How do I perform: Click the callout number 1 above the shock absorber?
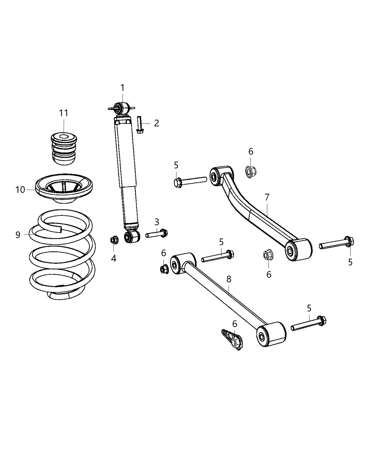coord(122,88)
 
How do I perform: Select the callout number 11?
coord(64,113)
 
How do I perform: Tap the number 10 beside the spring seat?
coord(20,190)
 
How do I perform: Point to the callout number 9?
coord(18,235)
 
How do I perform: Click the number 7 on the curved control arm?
coord(267,198)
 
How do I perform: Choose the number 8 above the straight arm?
coord(229,279)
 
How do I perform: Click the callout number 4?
coord(113,258)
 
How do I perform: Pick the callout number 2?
coord(157,123)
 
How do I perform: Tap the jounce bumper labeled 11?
coord(64,149)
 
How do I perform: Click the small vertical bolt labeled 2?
coord(139,125)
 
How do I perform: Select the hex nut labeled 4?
coord(114,240)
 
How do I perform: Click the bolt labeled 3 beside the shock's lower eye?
coord(157,234)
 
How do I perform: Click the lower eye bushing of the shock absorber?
coord(132,236)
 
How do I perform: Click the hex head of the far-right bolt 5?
coord(349,241)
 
